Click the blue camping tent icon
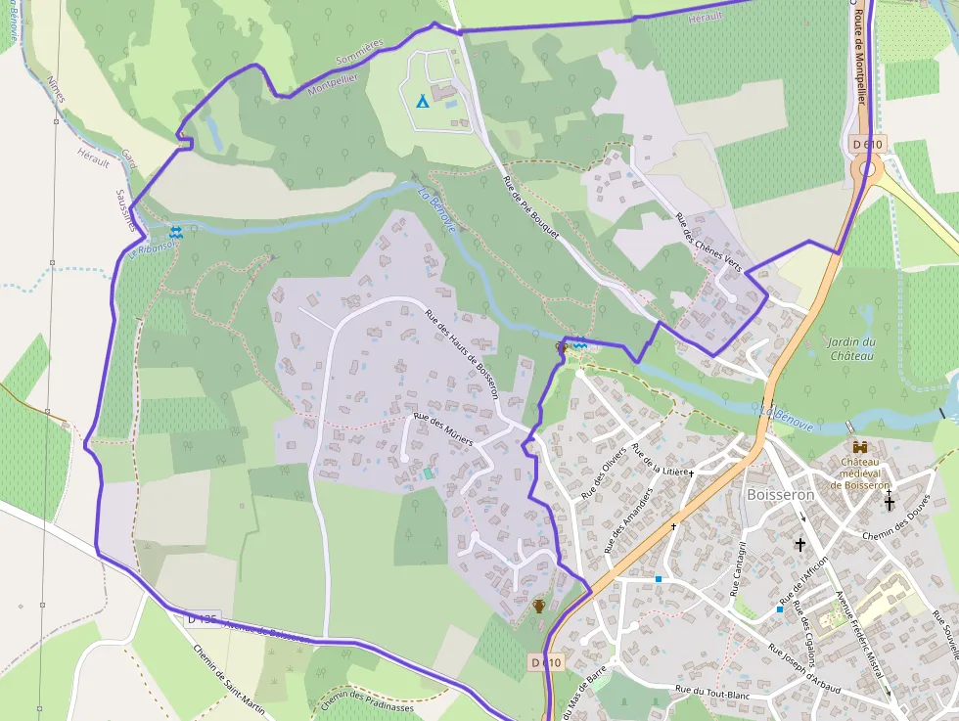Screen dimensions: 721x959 tap(422, 100)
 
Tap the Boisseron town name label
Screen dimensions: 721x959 tap(780, 495)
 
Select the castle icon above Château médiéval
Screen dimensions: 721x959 tap(860, 446)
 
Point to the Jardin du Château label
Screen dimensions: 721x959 tap(851, 348)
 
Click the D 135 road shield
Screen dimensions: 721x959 tap(202, 618)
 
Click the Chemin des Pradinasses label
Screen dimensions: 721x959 tap(367, 700)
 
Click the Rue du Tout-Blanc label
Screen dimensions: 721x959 tap(710, 692)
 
